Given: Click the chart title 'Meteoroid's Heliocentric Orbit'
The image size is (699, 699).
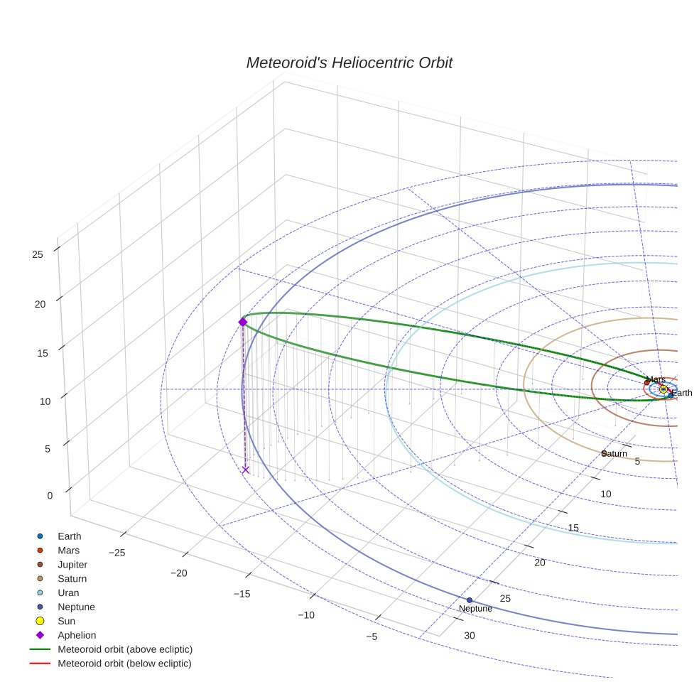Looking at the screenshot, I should (x=349, y=63).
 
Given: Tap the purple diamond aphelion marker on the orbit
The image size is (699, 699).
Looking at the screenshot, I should (x=242, y=323).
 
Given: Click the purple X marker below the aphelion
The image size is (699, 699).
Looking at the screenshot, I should (x=246, y=470).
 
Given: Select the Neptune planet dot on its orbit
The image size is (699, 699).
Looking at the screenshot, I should (x=470, y=600).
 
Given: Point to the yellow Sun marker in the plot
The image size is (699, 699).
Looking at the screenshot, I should (x=663, y=389).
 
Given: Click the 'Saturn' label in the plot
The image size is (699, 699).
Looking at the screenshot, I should (x=614, y=454).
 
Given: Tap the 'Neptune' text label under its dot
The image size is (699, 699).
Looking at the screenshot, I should (x=475, y=609).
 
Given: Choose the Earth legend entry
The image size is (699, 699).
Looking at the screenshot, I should (x=69, y=536).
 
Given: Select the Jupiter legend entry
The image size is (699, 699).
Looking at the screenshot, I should (x=72, y=565).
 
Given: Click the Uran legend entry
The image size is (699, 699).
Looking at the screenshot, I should (x=68, y=593).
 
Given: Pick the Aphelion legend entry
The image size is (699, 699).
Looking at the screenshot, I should (x=77, y=636).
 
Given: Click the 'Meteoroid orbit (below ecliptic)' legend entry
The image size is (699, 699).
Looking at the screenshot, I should (x=124, y=664).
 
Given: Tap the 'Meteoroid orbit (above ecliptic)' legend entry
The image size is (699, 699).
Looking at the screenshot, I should (x=124, y=650).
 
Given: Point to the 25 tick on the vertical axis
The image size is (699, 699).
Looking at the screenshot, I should (x=38, y=254).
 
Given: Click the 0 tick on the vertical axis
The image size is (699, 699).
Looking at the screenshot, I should (x=50, y=496).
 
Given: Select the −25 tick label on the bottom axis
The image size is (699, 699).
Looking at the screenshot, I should (x=116, y=553).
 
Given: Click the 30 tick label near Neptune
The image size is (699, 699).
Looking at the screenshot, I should (x=470, y=636).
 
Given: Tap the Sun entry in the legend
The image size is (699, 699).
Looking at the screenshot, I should (x=66, y=622).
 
